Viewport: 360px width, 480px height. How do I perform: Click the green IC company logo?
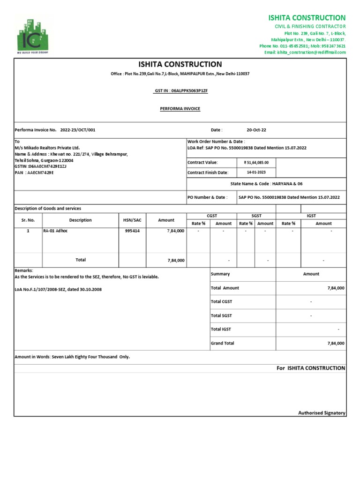[x=35, y=35]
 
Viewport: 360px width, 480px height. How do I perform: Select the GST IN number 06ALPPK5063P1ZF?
[x=181, y=90]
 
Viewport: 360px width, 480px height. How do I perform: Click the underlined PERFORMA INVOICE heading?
[x=180, y=109]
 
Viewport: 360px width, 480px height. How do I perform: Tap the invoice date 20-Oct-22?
[x=256, y=130]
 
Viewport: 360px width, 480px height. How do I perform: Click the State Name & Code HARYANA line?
[x=266, y=184]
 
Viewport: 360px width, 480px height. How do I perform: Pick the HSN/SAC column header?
[x=132, y=220]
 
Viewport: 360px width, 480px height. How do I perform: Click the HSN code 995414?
[x=132, y=231]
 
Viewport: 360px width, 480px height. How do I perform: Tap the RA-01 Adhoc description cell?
[x=55, y=231]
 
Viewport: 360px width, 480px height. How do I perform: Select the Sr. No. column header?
[x=28, y=220]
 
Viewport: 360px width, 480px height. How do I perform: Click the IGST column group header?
[x=311, y=216]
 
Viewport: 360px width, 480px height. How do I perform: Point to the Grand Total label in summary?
[x=223, y=343]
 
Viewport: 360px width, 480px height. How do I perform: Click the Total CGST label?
[x=221, y=301]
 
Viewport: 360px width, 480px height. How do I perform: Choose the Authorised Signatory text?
[x=322, y=413]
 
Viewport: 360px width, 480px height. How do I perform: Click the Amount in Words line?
[x=72, y=357]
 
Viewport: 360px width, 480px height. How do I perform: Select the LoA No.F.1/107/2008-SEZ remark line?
[x=58, y=289]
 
